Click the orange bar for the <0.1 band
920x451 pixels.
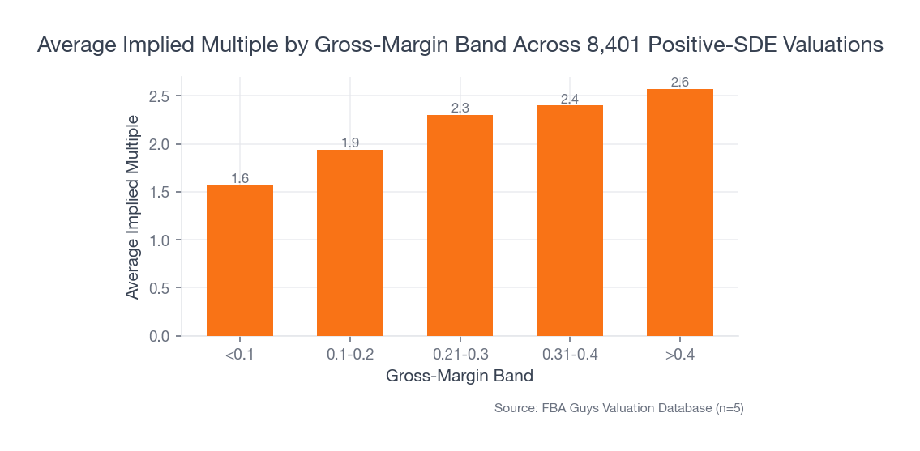tap(240, 261)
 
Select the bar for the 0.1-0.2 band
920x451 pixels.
tap(350, 243)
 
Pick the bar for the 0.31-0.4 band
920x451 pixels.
tap(570, 220)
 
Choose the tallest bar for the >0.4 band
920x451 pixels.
tap(679, 212)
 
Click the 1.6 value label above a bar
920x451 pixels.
tap(240, 178)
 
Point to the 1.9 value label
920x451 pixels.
tap(350, 143)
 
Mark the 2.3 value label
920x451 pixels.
tap(460, 108)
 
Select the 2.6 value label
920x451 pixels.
tap(679, 82)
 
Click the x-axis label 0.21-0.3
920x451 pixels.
tap(460, 355)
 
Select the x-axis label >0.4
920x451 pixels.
tap(679, 355)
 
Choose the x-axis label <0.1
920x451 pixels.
tap(240, 355)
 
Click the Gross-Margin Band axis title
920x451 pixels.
tap(460, 376)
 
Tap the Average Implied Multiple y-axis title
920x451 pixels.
tap(132, 206)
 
